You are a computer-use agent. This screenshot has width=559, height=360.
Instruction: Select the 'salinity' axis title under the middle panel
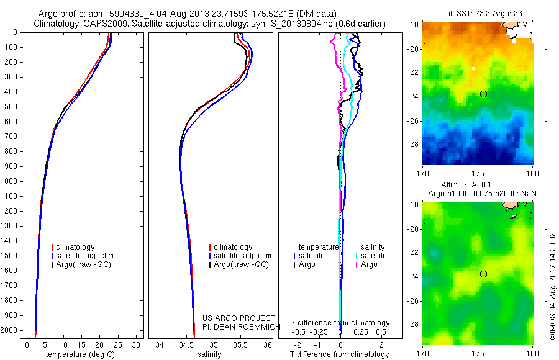pos(210,354)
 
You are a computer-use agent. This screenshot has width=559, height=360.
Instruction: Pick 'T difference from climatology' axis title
pos(340,354)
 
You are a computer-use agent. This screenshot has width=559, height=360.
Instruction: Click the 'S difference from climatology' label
pos(340,323)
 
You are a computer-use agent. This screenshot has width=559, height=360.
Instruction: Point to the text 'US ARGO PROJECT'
pos(239,318)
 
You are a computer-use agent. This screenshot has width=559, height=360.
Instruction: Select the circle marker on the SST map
pos(483,94)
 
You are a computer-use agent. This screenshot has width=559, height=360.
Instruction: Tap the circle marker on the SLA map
pos(483,274)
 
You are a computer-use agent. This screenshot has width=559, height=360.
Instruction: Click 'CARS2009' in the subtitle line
pos(100,24)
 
